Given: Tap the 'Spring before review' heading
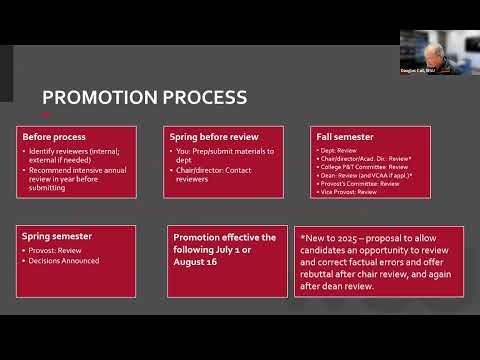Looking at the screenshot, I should tap(214, 136).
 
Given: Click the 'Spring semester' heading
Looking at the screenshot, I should tap(57, 236).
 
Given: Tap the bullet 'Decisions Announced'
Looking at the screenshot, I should tap(64, 260).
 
